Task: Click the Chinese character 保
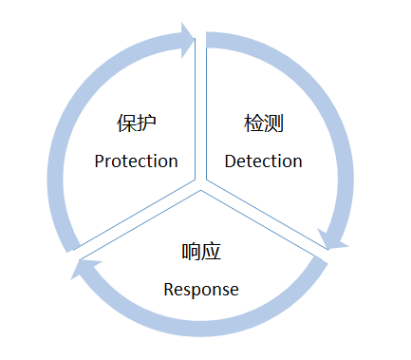[x=126, y=123]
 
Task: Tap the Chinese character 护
[x=146, y=123]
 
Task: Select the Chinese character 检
[x=253, y=123]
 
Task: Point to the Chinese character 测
[x=274, y=123]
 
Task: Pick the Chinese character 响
[x=191, y=252]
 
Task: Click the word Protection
[x=136, y=161]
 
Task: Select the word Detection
[x=263, y=161]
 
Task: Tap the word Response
[x=200, y=289]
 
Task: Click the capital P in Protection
[x=100, y=161]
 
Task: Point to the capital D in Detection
[x=231, y=161]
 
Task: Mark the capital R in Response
[x=169, y=289]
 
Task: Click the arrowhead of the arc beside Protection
[x=182, y=40]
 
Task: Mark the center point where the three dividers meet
[x=201, y=184]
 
